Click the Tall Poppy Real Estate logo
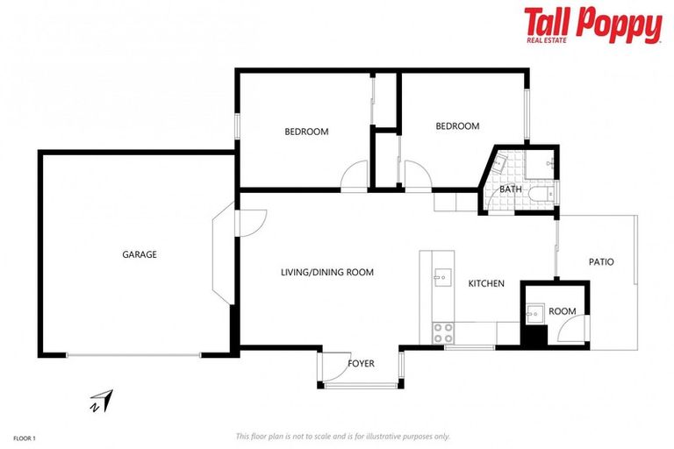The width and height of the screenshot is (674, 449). pos(592,25)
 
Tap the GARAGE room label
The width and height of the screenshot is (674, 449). pos(139,254)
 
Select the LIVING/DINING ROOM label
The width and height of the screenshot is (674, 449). pos(326,272)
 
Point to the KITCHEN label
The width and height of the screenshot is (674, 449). pos(485,283)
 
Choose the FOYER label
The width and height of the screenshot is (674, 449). pos(361,362)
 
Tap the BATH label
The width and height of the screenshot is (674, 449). pos(511,189)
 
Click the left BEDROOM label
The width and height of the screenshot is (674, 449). pos(306,132)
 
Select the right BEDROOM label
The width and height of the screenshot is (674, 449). pos(457,126)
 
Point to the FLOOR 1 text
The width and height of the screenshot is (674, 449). pos(25,436)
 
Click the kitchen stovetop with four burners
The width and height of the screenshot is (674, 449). pos(442,332)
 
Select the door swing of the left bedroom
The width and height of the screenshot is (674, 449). pos(355,176)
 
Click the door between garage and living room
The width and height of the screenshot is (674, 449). pos(246,222)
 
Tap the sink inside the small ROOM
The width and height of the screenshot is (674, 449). pos(534,312)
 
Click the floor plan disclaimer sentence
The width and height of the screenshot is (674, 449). pos(342,436)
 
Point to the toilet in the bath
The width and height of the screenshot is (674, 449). pos(545,196)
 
